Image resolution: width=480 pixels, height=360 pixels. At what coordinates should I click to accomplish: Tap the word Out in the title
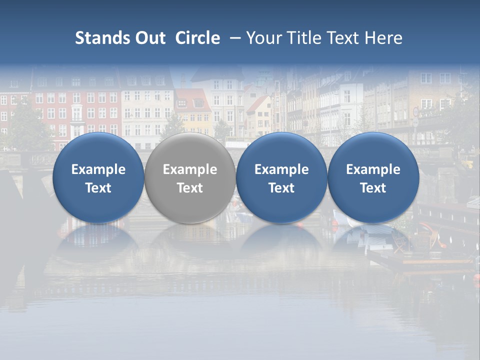[x=148, y=38]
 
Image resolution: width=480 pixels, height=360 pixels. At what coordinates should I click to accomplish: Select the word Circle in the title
[x=197, y=38]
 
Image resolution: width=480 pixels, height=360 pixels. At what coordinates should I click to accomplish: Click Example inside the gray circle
[x=190, y=169]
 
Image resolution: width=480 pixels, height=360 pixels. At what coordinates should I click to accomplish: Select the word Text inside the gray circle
[x=190, y=188]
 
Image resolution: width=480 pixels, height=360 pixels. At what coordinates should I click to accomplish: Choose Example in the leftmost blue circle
[x=98, y=169]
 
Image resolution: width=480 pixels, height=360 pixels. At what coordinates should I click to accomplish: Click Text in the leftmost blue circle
[x=98, y=188]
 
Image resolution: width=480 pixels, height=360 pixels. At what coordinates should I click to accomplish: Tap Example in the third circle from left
[x=281, y=169]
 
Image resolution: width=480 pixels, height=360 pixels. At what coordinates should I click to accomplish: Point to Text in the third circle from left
[x=281, y=188]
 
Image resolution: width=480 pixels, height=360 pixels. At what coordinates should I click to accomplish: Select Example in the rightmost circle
[x=373, y=169]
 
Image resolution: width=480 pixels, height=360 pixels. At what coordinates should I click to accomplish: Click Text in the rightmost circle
[x=373, y=188]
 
